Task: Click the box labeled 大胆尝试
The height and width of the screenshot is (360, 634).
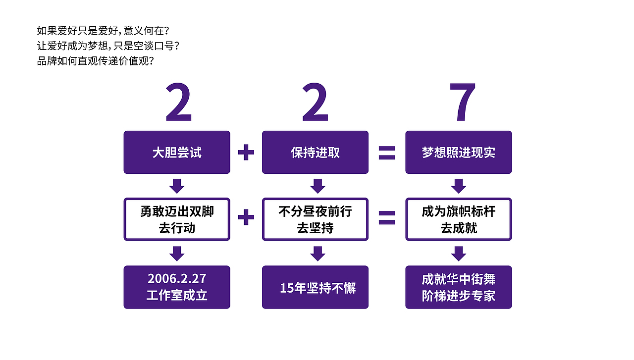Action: click(177, 152)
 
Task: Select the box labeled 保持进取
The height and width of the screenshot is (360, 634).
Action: click(316, 152)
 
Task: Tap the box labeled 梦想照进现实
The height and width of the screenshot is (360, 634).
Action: click(459, 152)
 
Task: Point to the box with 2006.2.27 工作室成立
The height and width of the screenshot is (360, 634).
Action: click(177, 287)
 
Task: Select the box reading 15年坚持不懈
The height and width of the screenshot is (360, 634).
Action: click(316, 287)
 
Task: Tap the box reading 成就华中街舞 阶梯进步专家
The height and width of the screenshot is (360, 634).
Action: click(459, 287)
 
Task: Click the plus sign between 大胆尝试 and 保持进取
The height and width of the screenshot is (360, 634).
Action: click(246, 152)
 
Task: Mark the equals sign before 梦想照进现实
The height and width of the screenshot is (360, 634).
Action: click(387, 153)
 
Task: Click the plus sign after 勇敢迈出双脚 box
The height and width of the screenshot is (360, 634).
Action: click(246, 217)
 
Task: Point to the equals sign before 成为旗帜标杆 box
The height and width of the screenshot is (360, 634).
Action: click(387, 218)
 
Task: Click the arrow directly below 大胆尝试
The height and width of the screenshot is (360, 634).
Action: click(177, 186)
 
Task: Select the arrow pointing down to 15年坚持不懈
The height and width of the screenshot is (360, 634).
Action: click(317, 254)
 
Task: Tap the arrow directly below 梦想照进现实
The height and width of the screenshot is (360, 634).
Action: click(459, 186)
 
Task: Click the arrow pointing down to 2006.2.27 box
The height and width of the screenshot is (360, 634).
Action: click(177, 254)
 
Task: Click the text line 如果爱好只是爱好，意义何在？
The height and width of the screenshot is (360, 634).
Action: click(103, 31)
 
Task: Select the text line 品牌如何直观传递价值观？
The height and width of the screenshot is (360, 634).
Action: click(96, 61)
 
